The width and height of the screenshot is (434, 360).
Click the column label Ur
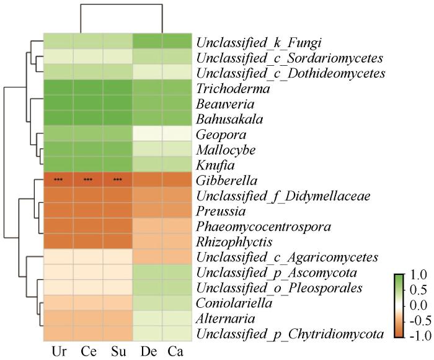58,350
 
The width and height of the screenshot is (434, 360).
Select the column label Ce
88,350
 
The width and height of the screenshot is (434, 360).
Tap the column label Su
118,350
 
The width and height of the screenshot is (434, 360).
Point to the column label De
148,350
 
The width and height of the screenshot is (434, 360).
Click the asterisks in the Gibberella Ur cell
58,180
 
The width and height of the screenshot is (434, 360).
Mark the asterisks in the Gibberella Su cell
118,180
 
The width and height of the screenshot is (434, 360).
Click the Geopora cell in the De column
148,134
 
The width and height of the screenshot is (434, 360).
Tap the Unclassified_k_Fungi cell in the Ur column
58,42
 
